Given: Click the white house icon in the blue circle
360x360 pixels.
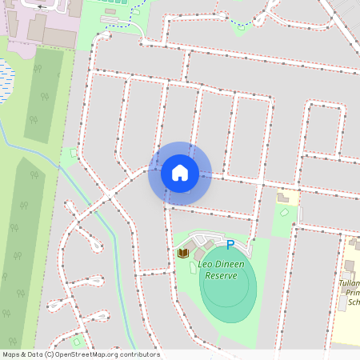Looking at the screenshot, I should point(179,172).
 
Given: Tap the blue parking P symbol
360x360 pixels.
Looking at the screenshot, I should point(230,246).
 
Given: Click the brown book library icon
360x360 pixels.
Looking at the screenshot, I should point(183,254).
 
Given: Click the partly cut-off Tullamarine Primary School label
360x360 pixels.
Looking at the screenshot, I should point(350,293).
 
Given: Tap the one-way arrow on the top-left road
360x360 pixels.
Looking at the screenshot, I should point(39,6).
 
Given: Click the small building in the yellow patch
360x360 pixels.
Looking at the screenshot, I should point(283,197).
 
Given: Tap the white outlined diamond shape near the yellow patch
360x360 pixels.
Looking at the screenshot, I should point(285,213).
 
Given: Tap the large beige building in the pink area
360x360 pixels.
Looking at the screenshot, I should point(57,35).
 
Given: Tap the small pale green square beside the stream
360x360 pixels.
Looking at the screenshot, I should point(74,152).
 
